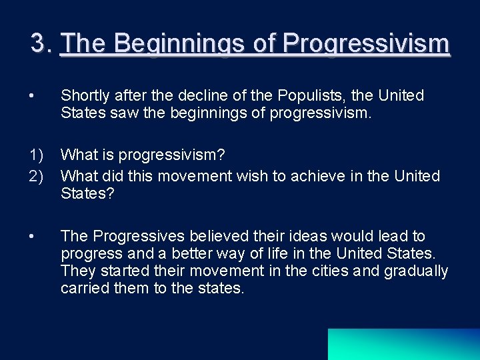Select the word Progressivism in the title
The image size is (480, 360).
click(x=366, y=44)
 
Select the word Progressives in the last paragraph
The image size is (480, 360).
click(x=136, y=236)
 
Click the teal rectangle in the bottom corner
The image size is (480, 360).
click(x=403, y=344)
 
